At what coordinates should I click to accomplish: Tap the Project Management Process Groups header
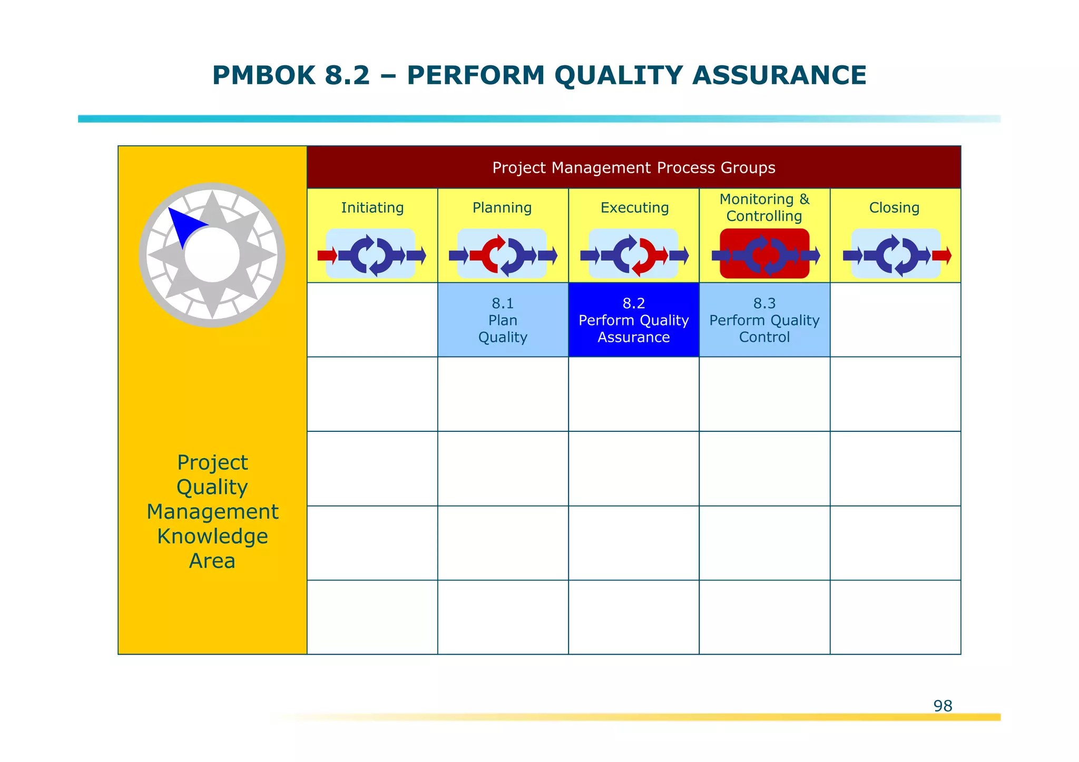pos(633,167)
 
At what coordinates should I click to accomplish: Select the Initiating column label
pos(372,208)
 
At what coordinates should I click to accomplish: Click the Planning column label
pos(502,208)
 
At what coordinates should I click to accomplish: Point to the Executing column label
pos(634,208)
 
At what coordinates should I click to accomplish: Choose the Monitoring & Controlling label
pos(764,207)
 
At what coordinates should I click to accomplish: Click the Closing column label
pos(894,208)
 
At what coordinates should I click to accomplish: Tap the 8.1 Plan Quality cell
pos(503,320)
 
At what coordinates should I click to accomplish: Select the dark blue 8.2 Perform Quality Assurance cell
pos(633,320)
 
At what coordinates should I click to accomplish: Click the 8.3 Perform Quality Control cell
pos(764,320)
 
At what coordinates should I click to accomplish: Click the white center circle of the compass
pos(212,255)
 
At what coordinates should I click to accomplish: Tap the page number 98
pos(943,706)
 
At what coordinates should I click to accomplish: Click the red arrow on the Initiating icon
pos(327,256)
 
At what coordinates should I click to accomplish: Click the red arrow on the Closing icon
pos(941,256)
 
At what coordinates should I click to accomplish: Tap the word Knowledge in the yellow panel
pos(212,537)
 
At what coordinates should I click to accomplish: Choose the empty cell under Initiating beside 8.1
pos(372,320)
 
